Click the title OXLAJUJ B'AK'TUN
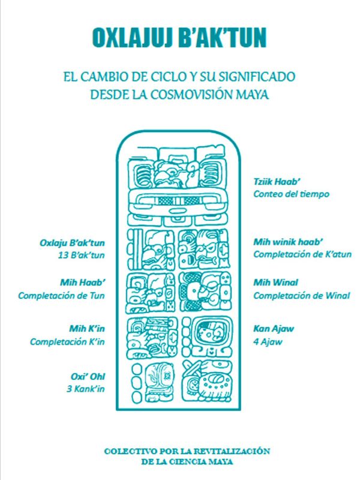179,38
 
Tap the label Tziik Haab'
277,182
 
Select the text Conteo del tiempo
291,194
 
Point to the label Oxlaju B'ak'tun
72,243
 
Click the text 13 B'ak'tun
82,256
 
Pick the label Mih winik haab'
288,242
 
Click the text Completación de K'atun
302,254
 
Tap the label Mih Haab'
82,283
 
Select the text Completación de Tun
61,296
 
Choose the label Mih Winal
275,282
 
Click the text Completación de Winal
302,296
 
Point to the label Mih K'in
87,329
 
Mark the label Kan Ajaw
274,329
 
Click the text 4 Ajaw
268,341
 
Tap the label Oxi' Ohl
88,377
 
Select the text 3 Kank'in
86,389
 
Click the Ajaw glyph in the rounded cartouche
211,333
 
